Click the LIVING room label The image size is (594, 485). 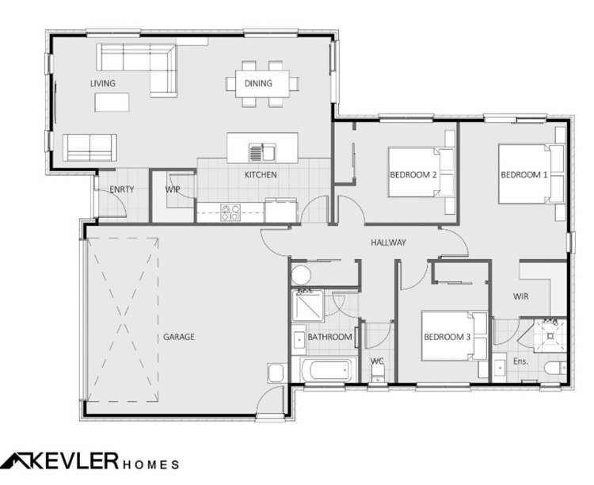[x=103, y=83]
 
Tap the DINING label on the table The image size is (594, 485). [x=258, y=83]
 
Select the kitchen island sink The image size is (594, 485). [x=262, y=152]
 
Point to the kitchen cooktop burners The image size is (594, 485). [x=230, y=212]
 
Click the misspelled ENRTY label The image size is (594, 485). [x=122, y=189]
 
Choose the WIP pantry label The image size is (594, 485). [x=173, y=189]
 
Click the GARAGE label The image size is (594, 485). [x=179, y=337]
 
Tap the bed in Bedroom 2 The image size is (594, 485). [x=421, y=172]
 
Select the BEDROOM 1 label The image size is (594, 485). [x=524, y=175]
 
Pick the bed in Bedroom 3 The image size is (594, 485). [x=455, y=335]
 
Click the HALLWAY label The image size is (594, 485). [x=388, y=242]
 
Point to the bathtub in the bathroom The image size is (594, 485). [x=329, y=370]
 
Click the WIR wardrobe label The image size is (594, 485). [x=520, y=296]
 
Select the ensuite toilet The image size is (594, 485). [x=555, y=368]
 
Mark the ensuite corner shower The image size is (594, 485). [x=550, y=335]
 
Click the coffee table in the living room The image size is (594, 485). [x=112, y=102]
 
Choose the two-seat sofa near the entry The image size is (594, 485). [x=89, y=147]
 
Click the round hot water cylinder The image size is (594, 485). [x=301, y=275]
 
